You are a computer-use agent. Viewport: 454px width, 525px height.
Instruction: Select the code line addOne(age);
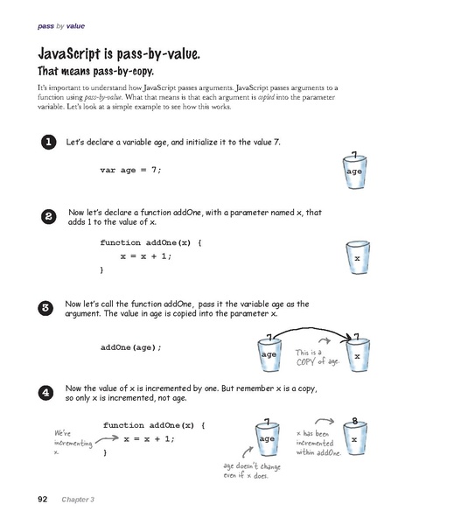click(x=131, y=347)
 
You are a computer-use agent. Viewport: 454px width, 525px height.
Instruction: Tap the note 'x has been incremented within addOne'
click(x=318, y=444)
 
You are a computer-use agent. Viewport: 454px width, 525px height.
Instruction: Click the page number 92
click(x=41, y=500)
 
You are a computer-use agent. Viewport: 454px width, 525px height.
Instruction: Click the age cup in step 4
click(x=267, y=438)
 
